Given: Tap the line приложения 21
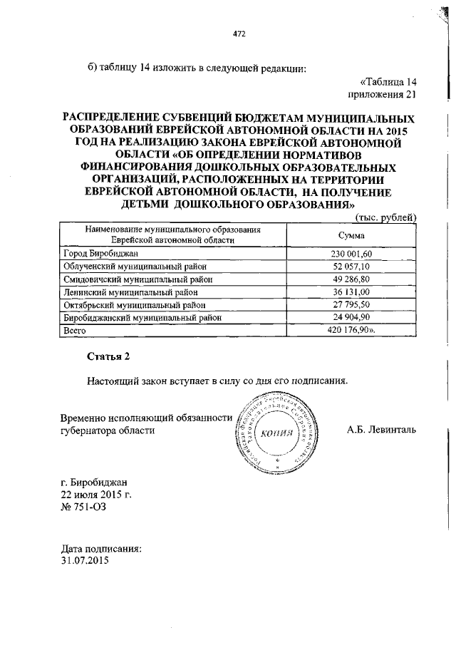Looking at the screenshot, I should [380, 93].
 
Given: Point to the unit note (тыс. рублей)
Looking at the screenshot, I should [385, 217].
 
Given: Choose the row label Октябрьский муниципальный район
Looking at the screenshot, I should [130, 304].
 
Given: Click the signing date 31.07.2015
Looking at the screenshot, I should [85, 561].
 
